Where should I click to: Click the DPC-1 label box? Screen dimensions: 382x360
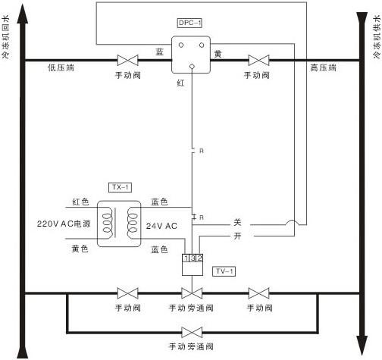[x=189, y=23]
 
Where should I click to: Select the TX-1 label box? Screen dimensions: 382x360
[x=120, y=187]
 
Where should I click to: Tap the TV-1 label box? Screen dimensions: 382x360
[x=224, y=271]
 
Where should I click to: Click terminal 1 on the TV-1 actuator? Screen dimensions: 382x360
[x=186, y=258]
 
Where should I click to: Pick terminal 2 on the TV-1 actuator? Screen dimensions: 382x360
[x=199, y=258]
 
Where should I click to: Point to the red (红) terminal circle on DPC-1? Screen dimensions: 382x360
[x=192, y=67]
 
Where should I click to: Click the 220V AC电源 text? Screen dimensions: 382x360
[x=64, y=224]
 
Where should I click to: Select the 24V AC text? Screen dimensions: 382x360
[x=161, y=226]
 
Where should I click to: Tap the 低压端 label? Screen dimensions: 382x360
[x=61, y=67]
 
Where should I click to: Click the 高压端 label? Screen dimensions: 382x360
[x=323, y=67]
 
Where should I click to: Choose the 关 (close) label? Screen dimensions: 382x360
[x=237, y=222]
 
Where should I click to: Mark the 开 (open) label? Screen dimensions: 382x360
[x=237, y=236]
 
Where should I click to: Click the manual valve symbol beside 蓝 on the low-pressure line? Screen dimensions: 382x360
[x=128, y=61]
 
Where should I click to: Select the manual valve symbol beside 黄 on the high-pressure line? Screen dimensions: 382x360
[x=258, y=61]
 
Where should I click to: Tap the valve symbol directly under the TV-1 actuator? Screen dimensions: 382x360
[x=192, y=293]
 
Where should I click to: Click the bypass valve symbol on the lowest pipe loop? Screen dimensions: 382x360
[x=192, y=332]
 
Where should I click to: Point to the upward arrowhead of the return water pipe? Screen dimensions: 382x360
[x=23, y=14]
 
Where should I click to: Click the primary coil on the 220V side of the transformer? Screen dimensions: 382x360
[x=107, y=224]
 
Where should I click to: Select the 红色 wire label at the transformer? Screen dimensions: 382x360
[x=80, y=202]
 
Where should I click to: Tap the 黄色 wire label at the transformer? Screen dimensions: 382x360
[x=80, y=249]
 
